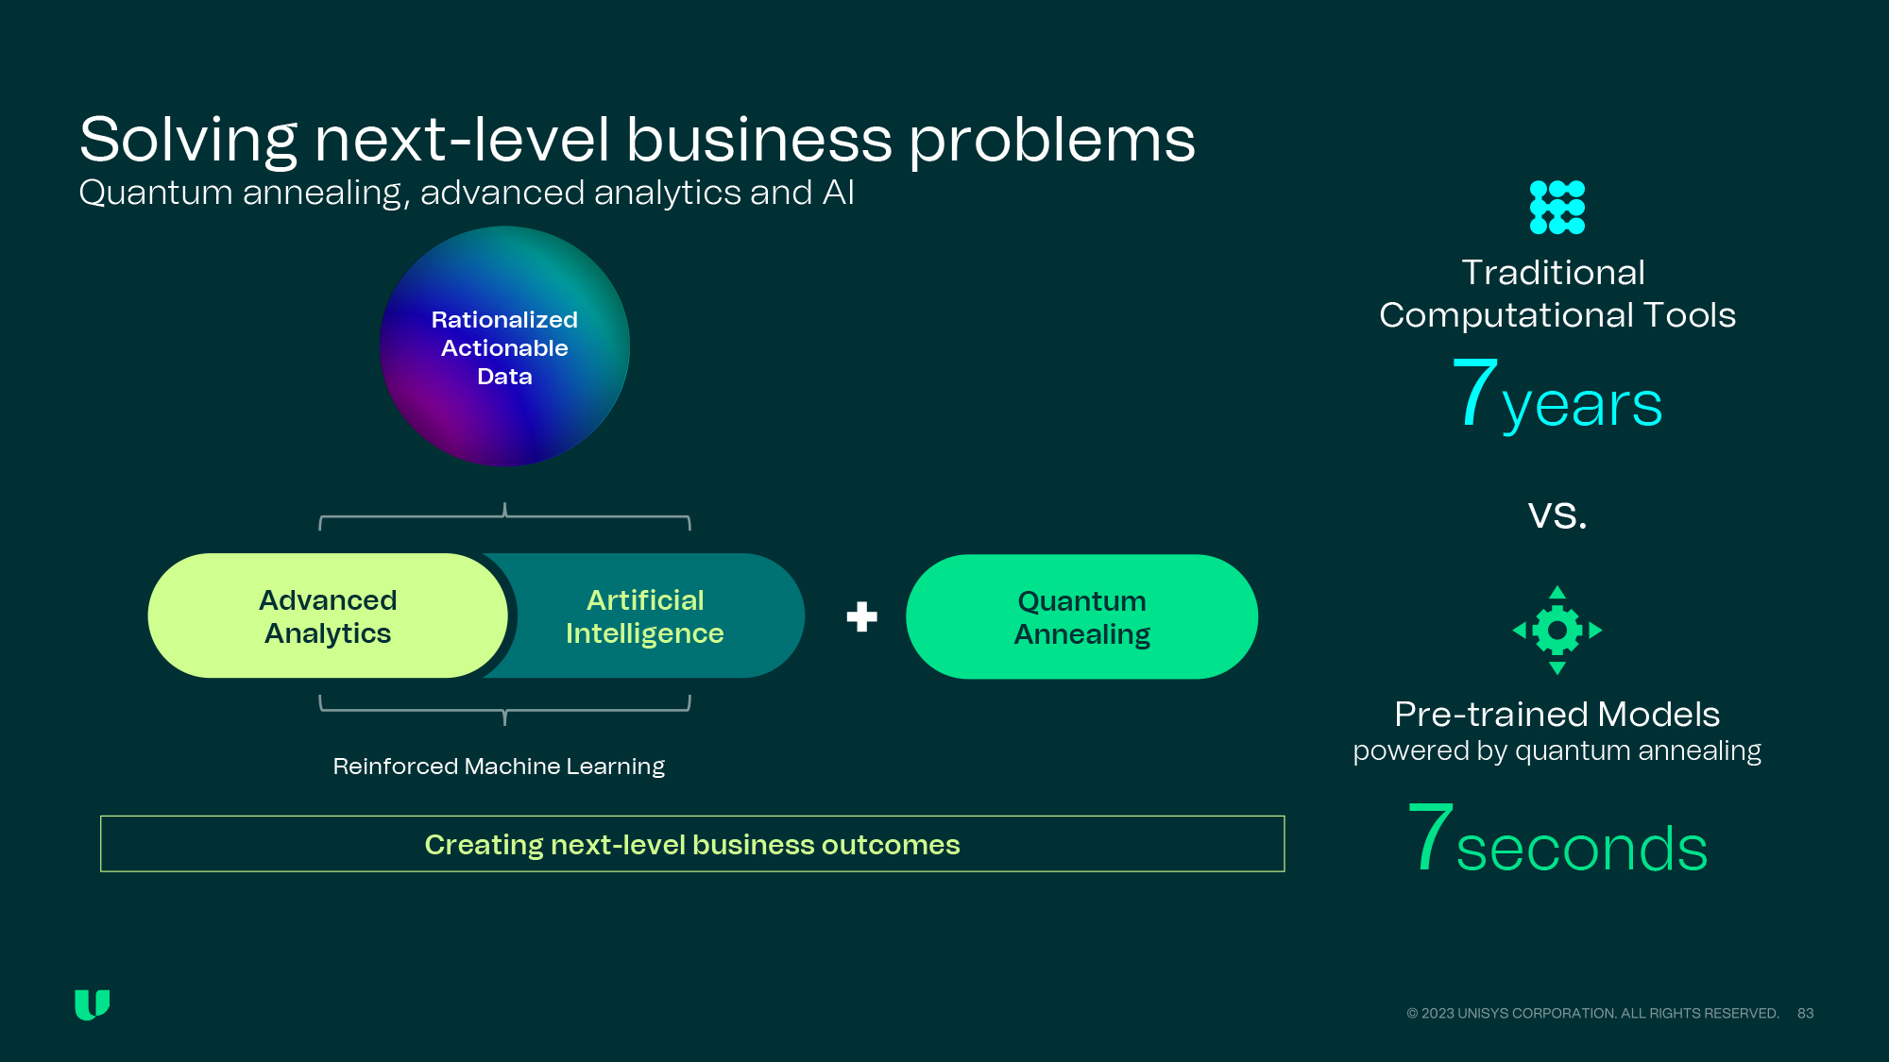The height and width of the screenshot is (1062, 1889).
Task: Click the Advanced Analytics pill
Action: pos(328,615)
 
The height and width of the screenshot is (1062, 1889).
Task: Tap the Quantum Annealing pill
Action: pos(1081,616)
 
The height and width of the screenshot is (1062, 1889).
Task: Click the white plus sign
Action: pos(861,616)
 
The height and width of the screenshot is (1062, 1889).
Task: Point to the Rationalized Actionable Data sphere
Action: pos(504,346)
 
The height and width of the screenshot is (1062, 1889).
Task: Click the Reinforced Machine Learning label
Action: pos(499,766)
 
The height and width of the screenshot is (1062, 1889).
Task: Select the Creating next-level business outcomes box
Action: pos(692,844)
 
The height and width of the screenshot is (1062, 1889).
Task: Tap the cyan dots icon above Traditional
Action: pos(1557,207)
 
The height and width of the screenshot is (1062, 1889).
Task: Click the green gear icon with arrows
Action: pos(1557,630)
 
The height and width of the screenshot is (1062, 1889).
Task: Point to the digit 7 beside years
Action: pos(1474,392)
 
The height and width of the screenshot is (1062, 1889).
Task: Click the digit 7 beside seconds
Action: pos(1429,835)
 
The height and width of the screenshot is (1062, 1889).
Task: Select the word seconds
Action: pos(1582,848)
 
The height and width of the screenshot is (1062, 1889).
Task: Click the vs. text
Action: pos(1557,514)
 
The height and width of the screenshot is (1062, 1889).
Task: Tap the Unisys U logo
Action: pos(93,1005)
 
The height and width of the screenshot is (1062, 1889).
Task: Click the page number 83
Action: pos(1806,1013)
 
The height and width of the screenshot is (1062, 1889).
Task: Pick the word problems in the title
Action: pos(1052,141)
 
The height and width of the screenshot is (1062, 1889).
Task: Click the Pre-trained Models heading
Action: pos(1557,715)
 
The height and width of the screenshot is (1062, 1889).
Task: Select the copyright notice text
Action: pos(1593,1013)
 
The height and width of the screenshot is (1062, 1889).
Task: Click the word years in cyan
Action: pos(1582,406)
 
